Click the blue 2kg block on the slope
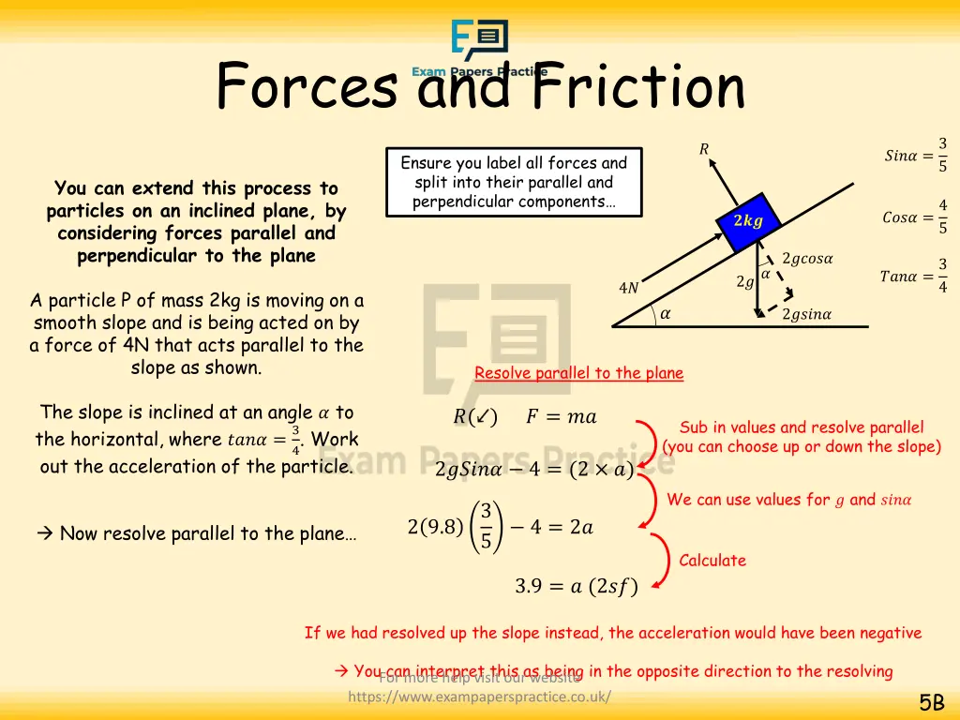748,221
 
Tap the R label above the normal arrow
704,148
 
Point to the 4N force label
629,288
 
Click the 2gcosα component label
807,259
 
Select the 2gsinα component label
806,314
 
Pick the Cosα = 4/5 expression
915,217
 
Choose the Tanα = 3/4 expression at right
913,276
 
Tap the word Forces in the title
307,86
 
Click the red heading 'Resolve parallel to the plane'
578,373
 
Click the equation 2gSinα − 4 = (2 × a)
534,469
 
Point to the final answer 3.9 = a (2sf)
576,587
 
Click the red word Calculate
712,561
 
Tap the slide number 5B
931,703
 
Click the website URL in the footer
479,697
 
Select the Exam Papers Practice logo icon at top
480,40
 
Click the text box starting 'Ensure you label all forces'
514,182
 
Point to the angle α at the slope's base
665,314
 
